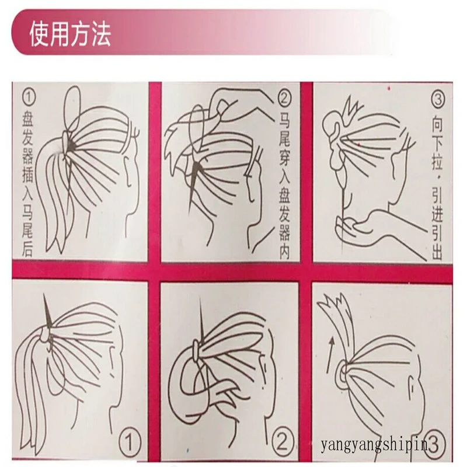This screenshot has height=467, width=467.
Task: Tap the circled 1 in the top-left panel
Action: (x=29, y=97)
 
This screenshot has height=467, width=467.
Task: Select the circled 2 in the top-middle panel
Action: (x=284, y=98)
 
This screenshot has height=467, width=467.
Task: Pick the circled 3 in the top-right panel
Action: (x=438, y=99)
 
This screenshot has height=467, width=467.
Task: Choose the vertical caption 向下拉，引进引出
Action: (x=437, y=187)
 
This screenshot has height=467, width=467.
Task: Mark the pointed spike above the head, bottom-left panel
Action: (x=47, y=311)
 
